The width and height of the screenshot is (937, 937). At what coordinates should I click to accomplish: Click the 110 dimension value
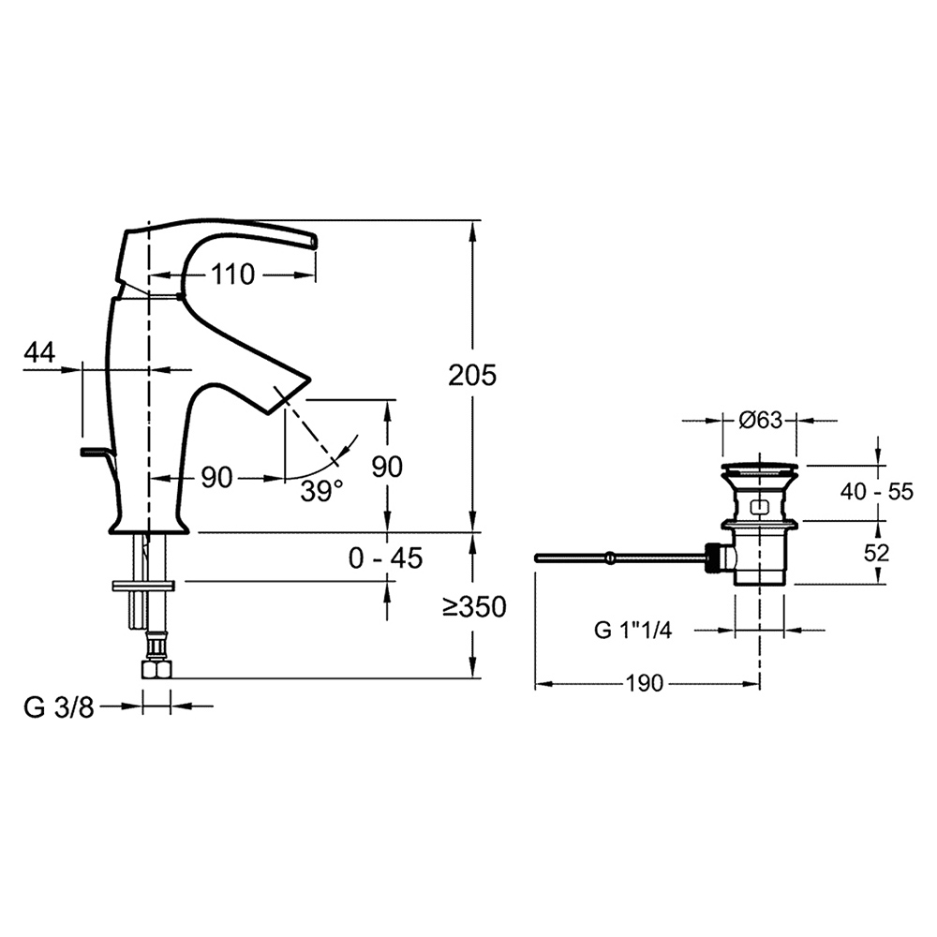pos(232,275)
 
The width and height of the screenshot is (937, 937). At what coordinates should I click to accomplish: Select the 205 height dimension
pos(471,375)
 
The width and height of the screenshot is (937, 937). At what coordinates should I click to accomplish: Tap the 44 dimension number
pos(38,352)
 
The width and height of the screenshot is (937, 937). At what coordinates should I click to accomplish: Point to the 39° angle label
pos(321,490)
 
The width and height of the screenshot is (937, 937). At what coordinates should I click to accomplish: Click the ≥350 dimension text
pos(474,607)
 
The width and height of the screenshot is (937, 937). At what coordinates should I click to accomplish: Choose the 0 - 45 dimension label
pos(385,558)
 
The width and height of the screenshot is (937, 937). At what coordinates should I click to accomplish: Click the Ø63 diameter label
pos(760,420)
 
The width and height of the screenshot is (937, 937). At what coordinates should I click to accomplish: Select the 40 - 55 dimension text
pos(875,491)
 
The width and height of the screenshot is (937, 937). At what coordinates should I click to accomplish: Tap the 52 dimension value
pos(876,553)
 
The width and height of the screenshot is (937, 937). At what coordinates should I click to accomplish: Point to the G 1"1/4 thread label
pos(633,630)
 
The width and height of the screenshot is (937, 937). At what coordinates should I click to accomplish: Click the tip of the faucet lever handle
pos(313,241)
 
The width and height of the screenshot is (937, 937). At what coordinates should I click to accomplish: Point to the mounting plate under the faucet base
pos(142,586)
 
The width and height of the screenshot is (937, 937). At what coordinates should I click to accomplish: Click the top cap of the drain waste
pos(760,467)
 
